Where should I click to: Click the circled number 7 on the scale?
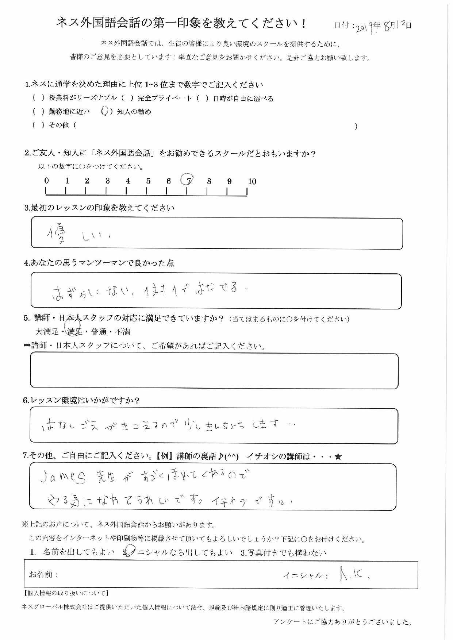pyautogui.click(x=188, y=180)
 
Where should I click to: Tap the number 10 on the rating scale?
pyautogui.click(x=252, y=181)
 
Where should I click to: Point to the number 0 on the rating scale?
pyautogui.click(x=46, y=181)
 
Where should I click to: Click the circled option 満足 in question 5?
pyautogui.click(x=74, y=331)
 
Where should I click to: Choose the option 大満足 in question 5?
pyautogui.click(x=47, y=332)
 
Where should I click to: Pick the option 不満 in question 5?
pyautogui.click(x=122, y=332)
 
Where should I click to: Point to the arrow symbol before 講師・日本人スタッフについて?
pyautogui.click(x=27, y=346)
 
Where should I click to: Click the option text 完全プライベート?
pyautogui.click(x=164, y=98)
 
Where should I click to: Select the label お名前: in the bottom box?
pyautogui.click(x=43, y=575)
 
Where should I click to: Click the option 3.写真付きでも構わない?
pyautogui.click(x=283, y=553)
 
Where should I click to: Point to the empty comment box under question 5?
pyautogui.click(x=214, y=371)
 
